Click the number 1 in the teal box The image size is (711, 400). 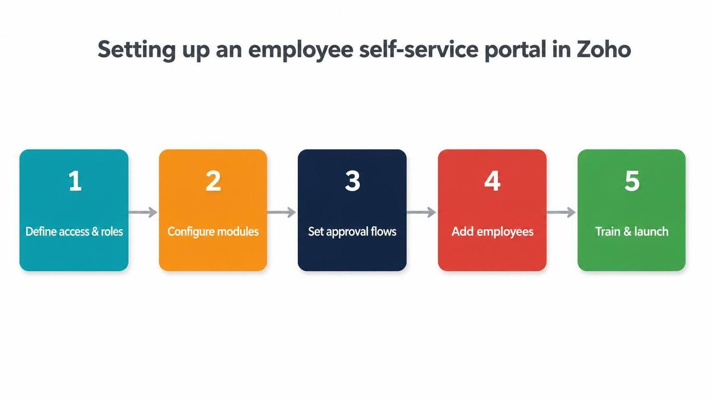pyautogui.click(x=75, y=181)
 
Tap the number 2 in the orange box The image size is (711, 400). pyautogui.click(x=213, y=181)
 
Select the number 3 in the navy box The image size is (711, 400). pyautogui.click(x=353, y=181)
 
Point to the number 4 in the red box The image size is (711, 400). pyautogui.click(x=492, y=181)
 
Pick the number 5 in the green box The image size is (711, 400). pyautogui.click(x=632, y=181)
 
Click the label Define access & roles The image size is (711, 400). pyautogui.click(x=74, y=232)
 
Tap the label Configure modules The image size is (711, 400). pyautogui.click(x=213, y=232)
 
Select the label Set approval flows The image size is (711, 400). pyautogui.click(x=353, y=232)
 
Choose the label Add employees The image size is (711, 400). pyautogui.click(x=492, y=232)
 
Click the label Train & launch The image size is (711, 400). pyautogui.click(x=631, y=232)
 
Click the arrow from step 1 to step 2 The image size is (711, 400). pyautogui.click(x=143, y=212)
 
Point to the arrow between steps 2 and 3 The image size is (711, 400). pyautogui.click(x=282, y=212)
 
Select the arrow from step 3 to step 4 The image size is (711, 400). pyautogui.click(x=421, y=212)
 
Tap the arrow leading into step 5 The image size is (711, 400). pyautogui.click(x=561, y=212)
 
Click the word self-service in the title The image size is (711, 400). pyautogui.click(x=419, y=49)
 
